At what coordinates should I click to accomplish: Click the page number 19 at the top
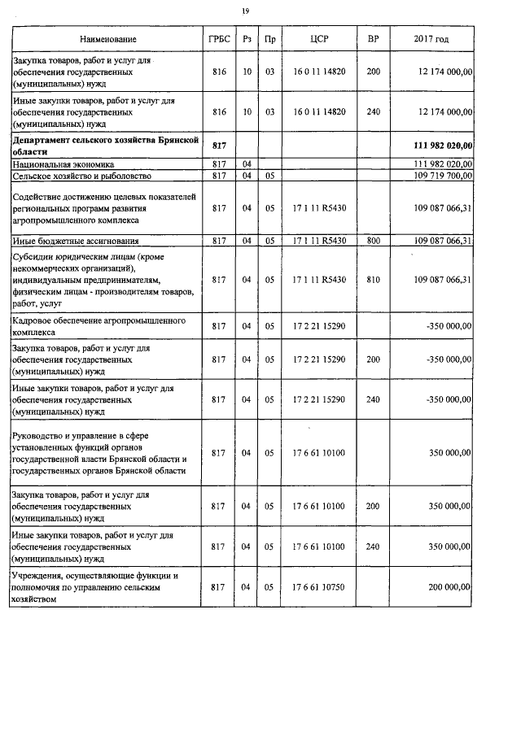coord(245,11)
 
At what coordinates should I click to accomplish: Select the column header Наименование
coord(107,39)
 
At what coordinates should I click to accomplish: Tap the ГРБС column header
coord(218,39)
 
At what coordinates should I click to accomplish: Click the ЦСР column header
coord(319,39)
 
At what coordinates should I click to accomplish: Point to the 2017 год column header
coord(431,39)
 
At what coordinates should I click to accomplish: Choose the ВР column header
coord(373,39)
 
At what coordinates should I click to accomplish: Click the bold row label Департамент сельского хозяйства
coord(105,146)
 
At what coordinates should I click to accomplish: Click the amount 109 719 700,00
coord(443,176)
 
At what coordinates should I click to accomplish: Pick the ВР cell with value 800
coord(373,241)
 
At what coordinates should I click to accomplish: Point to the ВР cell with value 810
coord(373,280)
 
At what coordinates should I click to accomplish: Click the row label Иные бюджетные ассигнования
coord(75,241)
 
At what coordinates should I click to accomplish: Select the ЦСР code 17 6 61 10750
coord(319,586)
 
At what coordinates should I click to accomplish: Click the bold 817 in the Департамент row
coord(218,146)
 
